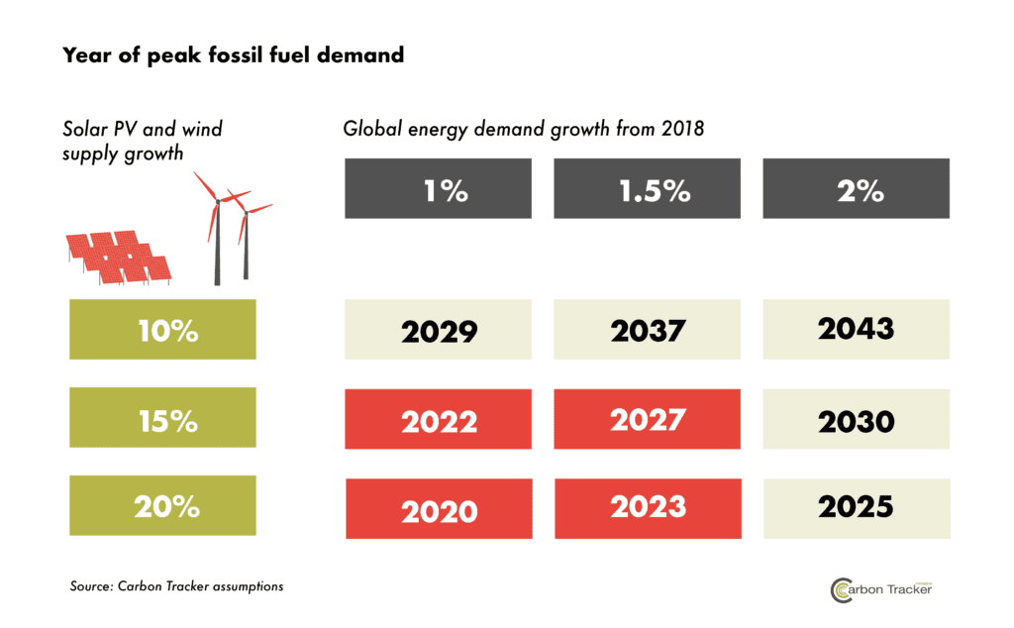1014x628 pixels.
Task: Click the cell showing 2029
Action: [439, 330]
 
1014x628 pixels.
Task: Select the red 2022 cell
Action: [439, 420]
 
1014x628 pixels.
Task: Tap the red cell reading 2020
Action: [439, 509]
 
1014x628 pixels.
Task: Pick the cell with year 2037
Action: [648, 330]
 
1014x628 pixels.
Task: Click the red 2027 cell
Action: [648, 420]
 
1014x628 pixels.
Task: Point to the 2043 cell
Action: [857, 328]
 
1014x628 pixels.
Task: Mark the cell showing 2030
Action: [857, 420]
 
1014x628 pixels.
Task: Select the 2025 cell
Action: [857, 507]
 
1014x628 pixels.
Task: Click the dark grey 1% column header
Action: [439, 189]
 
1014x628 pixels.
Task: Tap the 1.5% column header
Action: [648, 189]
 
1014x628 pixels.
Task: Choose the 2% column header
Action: [857, 189]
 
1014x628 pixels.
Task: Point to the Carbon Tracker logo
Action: [880, 588]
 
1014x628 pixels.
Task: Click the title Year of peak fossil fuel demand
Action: [233, 55]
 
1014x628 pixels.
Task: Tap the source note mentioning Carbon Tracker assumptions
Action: [176, 586]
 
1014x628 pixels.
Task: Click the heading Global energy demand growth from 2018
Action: [523, 130]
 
